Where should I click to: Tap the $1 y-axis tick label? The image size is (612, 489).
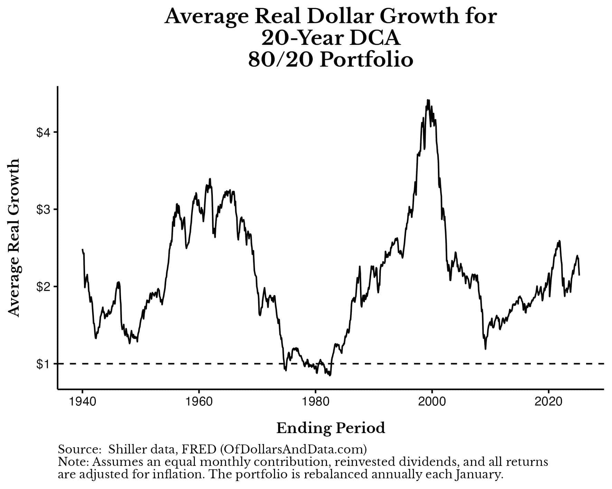click(44, 364)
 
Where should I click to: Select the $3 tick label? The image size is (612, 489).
click(44, 209)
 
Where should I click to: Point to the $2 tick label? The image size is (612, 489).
click(44, 286)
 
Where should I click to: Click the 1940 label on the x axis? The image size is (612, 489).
click(82, 402)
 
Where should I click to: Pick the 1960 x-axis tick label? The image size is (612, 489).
click(199, 402)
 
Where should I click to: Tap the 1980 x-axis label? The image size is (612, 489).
click(315, 402)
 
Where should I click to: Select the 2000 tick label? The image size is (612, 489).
click(432, 402)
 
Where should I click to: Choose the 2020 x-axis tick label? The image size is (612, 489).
click(548, 402)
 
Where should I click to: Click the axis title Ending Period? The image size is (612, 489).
click(330, 428)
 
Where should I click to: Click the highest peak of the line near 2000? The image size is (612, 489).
click(428, 100)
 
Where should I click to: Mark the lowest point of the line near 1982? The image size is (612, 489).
click(330, 375)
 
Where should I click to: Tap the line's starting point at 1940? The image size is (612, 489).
click(83, 250)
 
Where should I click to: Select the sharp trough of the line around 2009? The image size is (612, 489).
click(486, 349)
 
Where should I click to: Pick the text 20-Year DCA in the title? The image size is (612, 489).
click(330, 38)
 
